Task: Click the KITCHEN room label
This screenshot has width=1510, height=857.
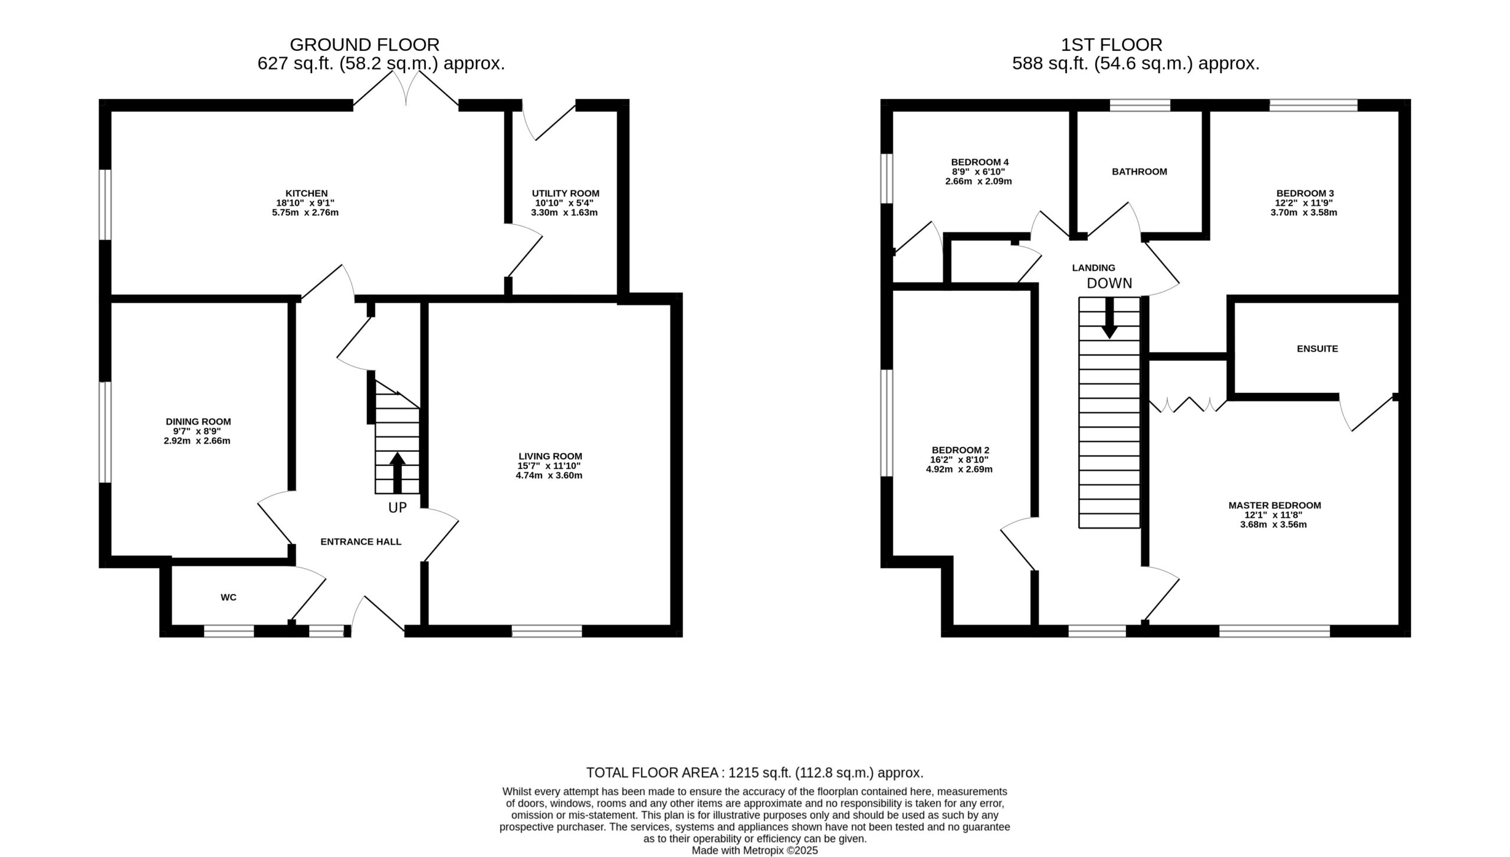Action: point(306,193)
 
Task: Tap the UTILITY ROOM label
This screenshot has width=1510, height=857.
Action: point(565,193)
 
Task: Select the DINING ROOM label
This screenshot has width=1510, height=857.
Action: point(198,422)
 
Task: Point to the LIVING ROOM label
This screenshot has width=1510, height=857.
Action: point(550,456)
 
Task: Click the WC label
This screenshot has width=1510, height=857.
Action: point(228,597)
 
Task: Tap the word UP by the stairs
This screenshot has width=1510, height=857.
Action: point(397,508)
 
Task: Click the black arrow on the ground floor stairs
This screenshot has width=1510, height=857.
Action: point(397,472)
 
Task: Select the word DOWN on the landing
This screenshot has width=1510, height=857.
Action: point(1109,283)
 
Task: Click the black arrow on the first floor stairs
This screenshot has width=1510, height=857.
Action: point(1109,317)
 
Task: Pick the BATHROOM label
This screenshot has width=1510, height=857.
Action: point(1139,172)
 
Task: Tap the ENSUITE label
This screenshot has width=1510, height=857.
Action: point(1317,349)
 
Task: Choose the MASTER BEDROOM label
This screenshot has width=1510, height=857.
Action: point(1274,505)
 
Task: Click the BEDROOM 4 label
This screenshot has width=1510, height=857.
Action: point(980,162)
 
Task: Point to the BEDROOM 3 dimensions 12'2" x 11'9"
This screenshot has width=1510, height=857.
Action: point(1304,203)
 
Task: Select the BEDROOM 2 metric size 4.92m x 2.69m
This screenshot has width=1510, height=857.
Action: point(959,469)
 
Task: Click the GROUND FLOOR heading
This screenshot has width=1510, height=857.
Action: point(365,45)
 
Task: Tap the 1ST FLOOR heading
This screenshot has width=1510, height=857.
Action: point(1111,45)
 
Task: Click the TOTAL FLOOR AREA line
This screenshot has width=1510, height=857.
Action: point(754,773)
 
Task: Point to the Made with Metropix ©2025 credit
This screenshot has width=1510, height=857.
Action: point(754,851)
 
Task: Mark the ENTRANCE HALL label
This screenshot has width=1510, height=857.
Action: point(360,541)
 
